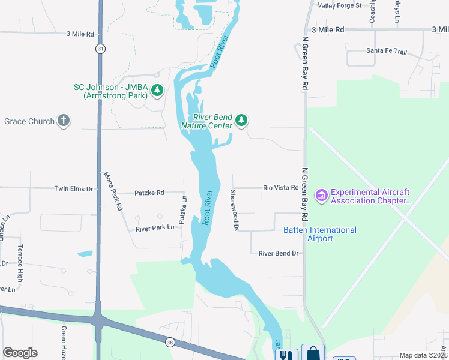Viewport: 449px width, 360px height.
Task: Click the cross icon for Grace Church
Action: [x=64, y=121]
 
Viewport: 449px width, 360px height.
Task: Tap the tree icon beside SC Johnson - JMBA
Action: [x=157, y=91]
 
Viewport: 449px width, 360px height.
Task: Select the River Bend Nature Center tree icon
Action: [x=241, y=121]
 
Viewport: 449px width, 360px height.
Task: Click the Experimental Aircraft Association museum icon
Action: [x=321, y=196]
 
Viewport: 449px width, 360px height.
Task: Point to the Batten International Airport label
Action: [x=319, y=234]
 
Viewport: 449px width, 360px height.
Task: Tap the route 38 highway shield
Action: [x=170, y=341]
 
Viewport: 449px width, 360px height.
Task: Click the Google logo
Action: [x=20, y=353]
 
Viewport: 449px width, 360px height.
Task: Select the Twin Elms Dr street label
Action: [x=74, y=188]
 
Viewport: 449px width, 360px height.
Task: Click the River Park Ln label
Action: [x=155, y=228]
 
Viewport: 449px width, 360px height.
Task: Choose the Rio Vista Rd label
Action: [x=280, y=188]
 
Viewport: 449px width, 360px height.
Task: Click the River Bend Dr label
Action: [x=278, y=253]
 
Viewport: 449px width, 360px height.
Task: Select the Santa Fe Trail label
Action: [x=386, y=52]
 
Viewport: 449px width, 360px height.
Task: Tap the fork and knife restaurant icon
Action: [x=286, y=355]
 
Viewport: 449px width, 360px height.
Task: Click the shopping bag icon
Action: [x=313, y=353]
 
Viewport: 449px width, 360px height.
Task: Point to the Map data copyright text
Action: [x=423, y=355]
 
